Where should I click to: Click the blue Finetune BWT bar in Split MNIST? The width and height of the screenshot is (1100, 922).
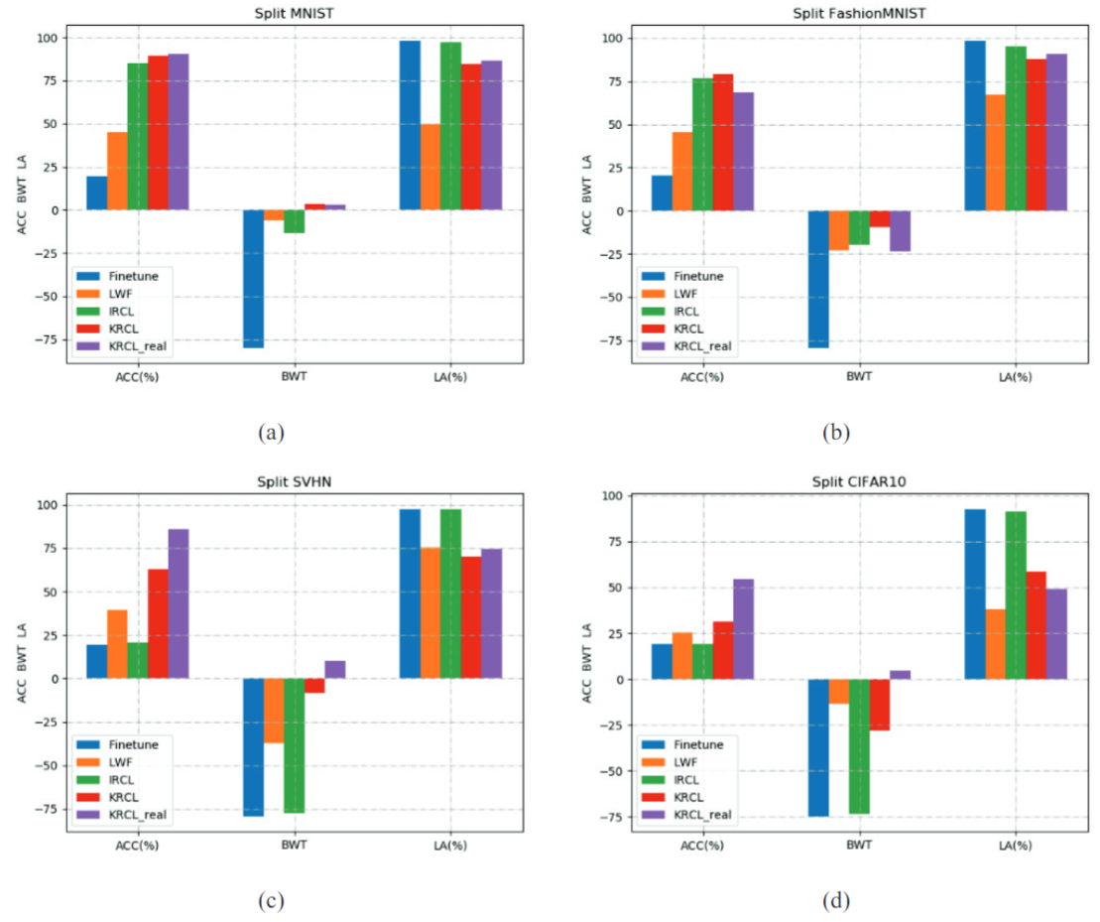click(254, 279)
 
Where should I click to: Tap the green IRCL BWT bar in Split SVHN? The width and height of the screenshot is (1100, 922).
click(294, 745)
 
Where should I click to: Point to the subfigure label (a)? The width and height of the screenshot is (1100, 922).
click(271, 432)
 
